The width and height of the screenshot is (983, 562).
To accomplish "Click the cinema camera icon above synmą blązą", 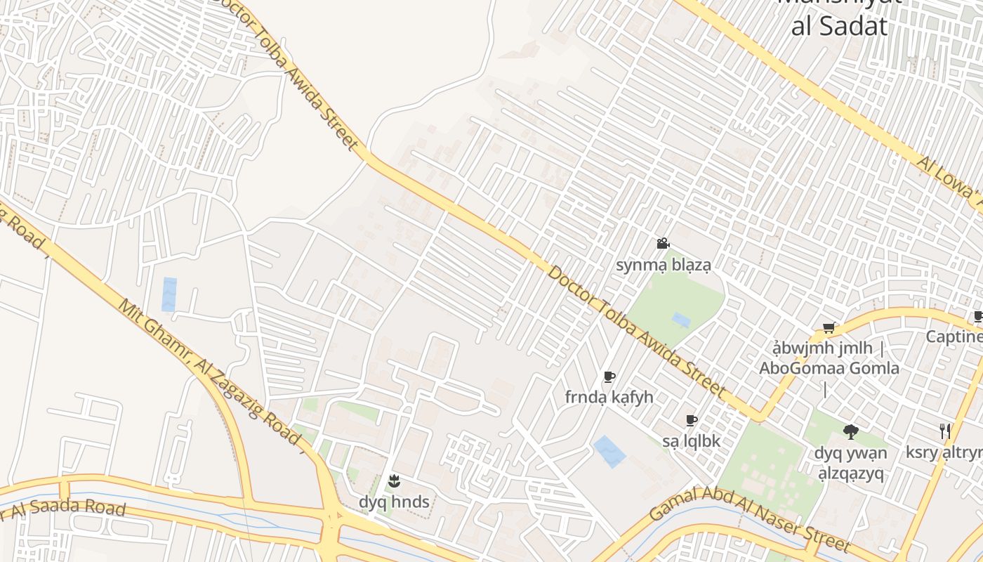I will coord(663,244).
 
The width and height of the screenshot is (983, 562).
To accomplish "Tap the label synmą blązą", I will coord(663,265).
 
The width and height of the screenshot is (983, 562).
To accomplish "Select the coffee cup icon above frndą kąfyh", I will coord(609,377).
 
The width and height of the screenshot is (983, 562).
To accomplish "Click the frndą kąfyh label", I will coord(609,397).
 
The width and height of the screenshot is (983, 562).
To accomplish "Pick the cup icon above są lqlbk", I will coord(691,421).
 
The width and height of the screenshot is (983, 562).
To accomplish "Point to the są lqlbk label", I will coord(691,441).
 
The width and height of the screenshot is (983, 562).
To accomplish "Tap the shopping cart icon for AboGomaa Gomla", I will coord(829,327).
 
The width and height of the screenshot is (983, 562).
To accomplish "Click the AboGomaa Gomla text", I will coord(829,368).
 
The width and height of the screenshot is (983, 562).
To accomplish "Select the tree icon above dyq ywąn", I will coord(850,431).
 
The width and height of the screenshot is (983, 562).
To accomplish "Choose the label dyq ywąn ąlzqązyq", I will coord(850,463).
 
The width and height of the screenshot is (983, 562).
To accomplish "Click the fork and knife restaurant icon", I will coord(945,431).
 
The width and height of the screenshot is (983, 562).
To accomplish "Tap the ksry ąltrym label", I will coord(944,452).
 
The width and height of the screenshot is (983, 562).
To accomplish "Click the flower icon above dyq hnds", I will coord(393,481).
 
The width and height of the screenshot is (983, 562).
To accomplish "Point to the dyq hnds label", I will coord(393,502).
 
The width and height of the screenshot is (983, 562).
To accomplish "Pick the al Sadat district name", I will coord(838,27).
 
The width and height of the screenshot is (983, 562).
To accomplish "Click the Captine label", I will coord(954,336).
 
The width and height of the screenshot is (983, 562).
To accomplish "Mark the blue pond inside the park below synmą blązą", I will coord(680,320).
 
